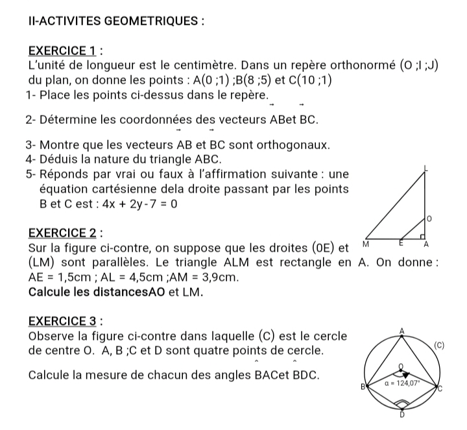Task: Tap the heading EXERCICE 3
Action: tap(65, 322)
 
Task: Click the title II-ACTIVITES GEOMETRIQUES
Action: tap(116, 20)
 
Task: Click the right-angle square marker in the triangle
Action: tap(422, 236)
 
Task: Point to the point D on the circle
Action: tap(402, 415)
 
